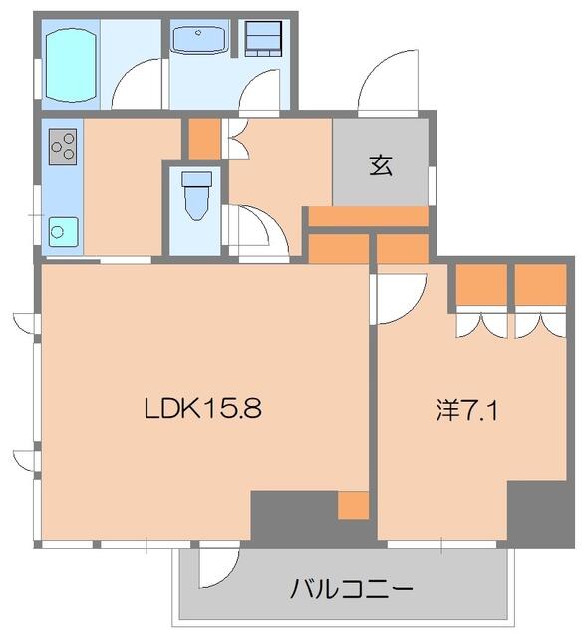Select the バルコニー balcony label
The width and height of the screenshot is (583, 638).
click(351, 589)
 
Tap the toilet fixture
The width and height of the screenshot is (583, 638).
click(196, 194)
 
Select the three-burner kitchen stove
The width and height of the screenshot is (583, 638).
click(62, 147)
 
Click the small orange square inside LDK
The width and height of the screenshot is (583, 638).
click(353, 505)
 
